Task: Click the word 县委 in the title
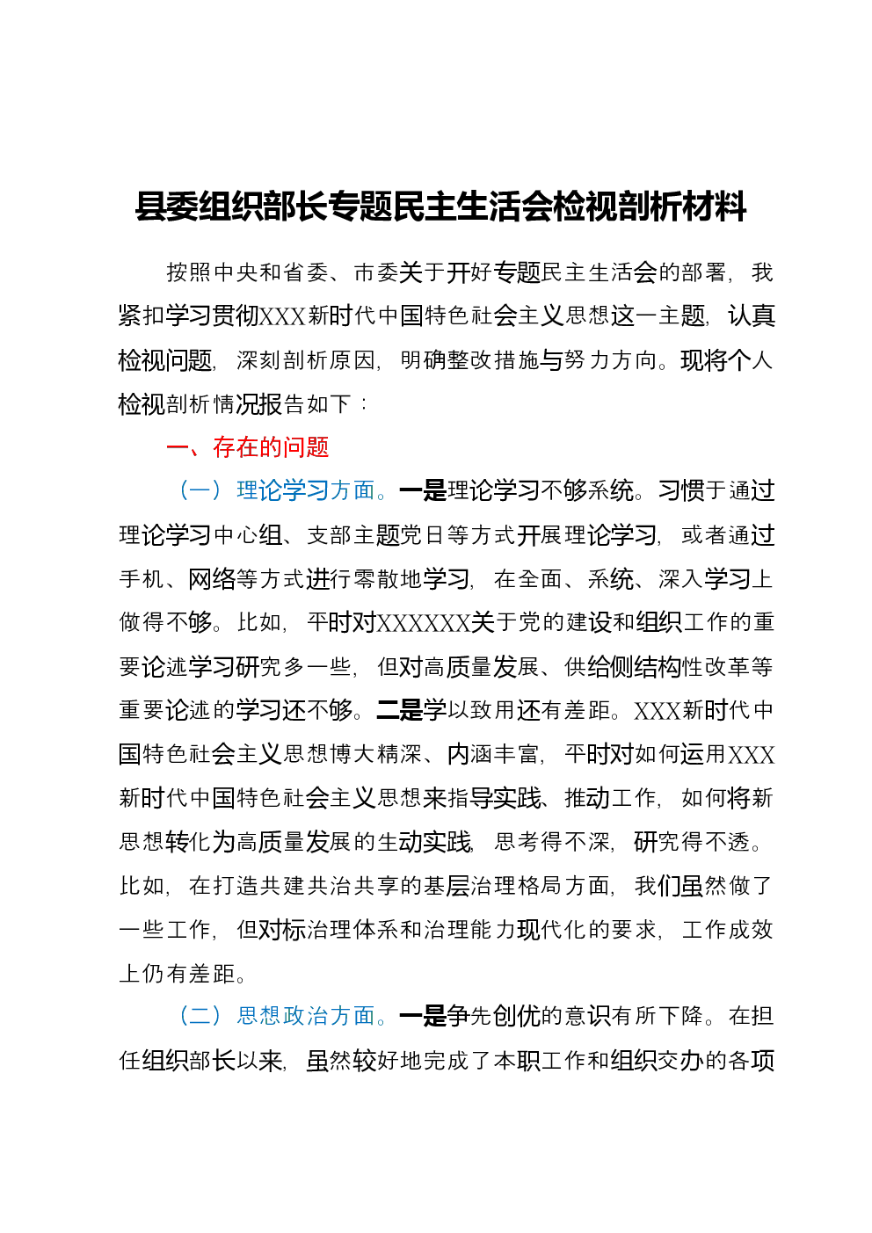click(x=166, y=207)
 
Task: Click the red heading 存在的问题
click(x=272, y=447)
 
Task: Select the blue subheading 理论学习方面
click(x=306, y=490)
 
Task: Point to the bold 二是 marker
click(x=400, y=710)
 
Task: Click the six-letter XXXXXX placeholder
click(x=424, y=622)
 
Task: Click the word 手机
click(x=142, y=578)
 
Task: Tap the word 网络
click(x=212, y=578)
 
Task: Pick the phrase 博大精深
click(x=376, y=754)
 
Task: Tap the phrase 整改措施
click(x=494, y=360)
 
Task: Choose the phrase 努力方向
click(x=611, y=360)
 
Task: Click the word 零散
click(x=376, y=578)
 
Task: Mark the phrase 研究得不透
click(x=692, y=842)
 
